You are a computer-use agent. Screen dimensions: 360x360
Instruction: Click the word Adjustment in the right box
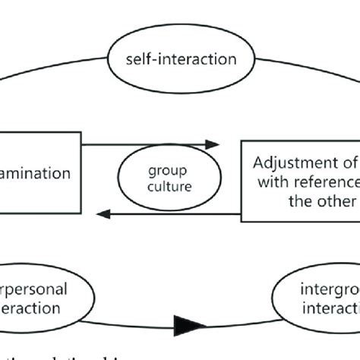pos(292,163)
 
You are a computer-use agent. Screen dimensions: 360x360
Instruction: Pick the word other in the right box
pos(341,201)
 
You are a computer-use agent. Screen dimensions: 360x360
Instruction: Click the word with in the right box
pos(274,182)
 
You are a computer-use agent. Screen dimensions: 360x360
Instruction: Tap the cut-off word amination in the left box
pos(36,173)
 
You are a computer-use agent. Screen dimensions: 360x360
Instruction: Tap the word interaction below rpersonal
pos(33,308)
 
